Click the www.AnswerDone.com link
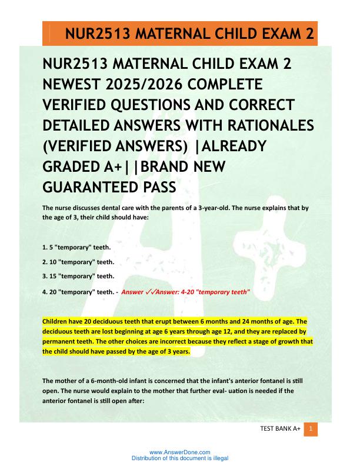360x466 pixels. coord(179,452)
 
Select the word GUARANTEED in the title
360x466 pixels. coord(90,187)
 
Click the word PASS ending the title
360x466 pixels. coord(158,187)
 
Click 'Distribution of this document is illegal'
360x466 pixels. coord(179,458)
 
